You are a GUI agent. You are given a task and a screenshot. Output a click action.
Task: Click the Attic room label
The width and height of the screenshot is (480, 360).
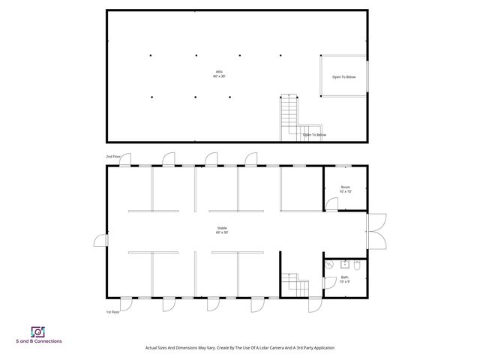[218, 74]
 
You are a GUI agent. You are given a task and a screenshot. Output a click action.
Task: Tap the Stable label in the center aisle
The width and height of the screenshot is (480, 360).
[222, 229]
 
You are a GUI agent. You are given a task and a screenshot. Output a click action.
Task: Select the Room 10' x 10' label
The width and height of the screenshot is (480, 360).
[345, 189]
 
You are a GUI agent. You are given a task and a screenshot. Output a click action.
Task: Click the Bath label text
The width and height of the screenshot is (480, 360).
[344, 279]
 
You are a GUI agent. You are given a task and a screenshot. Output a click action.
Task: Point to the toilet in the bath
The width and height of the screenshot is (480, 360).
[358, 265]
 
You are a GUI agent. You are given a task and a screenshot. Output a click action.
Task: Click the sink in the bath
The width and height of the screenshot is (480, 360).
[344, 263]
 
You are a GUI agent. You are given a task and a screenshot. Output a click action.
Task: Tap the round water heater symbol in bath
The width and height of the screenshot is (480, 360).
[330, 264]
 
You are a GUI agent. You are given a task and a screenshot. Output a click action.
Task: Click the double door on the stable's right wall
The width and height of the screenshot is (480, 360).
[376, 230]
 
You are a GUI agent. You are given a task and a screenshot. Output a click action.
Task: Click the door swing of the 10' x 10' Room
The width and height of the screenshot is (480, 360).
[330, 202]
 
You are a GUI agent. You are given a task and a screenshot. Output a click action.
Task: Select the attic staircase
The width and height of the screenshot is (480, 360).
[289, 116]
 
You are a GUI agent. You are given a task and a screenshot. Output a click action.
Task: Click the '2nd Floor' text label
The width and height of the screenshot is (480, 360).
[112, 157]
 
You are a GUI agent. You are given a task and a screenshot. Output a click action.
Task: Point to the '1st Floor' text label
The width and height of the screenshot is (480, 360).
[112, 311]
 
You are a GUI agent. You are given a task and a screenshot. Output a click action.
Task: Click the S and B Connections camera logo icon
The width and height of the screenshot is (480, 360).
[37, 331]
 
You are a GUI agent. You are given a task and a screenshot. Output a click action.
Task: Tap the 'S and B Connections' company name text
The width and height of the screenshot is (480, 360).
[39, 341]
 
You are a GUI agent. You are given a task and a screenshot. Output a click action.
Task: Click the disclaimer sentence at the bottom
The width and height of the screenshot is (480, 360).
[239, 348]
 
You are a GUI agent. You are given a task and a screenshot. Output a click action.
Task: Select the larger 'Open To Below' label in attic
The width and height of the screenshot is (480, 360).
[345, 76]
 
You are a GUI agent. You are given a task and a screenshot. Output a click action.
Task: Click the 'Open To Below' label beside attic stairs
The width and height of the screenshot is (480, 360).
[314, 135]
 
